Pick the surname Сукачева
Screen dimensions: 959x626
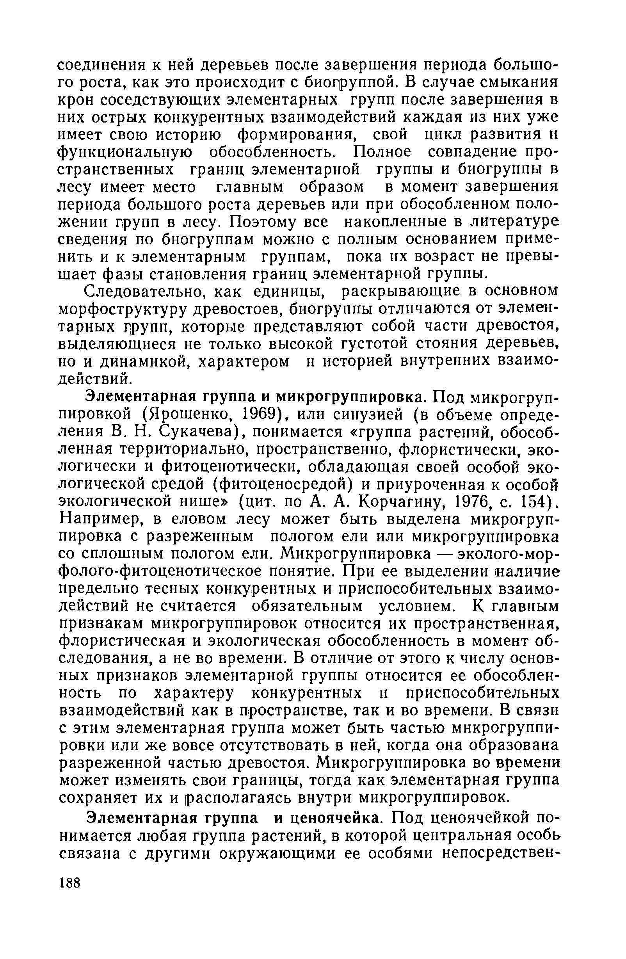200,432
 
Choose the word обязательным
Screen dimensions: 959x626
307,608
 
